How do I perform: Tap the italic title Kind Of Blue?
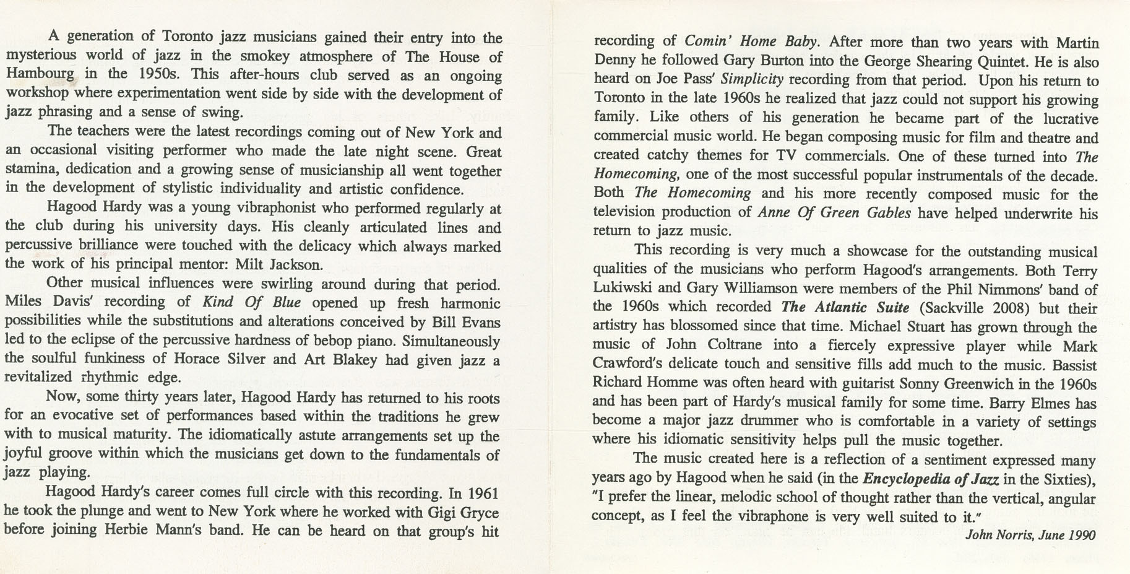click(251, 302)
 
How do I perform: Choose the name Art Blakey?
click(340, 359)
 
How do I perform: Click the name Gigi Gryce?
click(463, 512)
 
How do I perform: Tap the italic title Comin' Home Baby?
click(751, 41)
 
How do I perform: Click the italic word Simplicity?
click(752, 80)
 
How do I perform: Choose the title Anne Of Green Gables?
click(834, 212)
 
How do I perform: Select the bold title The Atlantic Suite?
click(845, 307)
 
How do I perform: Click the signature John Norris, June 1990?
click(1030, 535)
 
